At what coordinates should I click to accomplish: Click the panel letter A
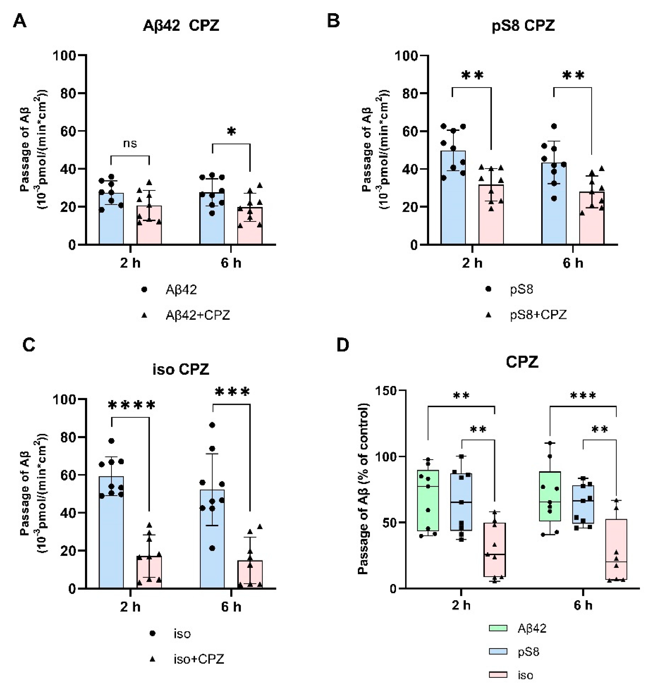click(x=20, y=21)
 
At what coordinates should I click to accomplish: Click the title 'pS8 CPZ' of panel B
click(x=523, y=26)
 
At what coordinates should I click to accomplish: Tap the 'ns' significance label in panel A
click(x=130, y=144)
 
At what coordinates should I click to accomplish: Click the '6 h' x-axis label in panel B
click(x=573, y=263)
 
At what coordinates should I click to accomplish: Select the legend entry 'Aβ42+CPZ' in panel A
click(x=197, y=315)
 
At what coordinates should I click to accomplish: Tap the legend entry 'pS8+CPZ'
click(x=538, y=315)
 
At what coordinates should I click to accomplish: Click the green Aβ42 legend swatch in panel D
click(x=498, y=628)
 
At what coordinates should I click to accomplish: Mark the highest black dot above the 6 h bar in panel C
click(x=212, y=425)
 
